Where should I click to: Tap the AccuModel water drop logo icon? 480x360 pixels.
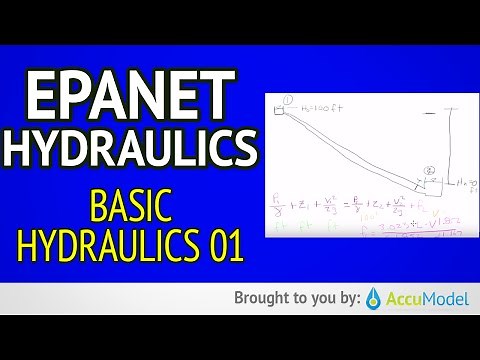coord(371,298)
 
